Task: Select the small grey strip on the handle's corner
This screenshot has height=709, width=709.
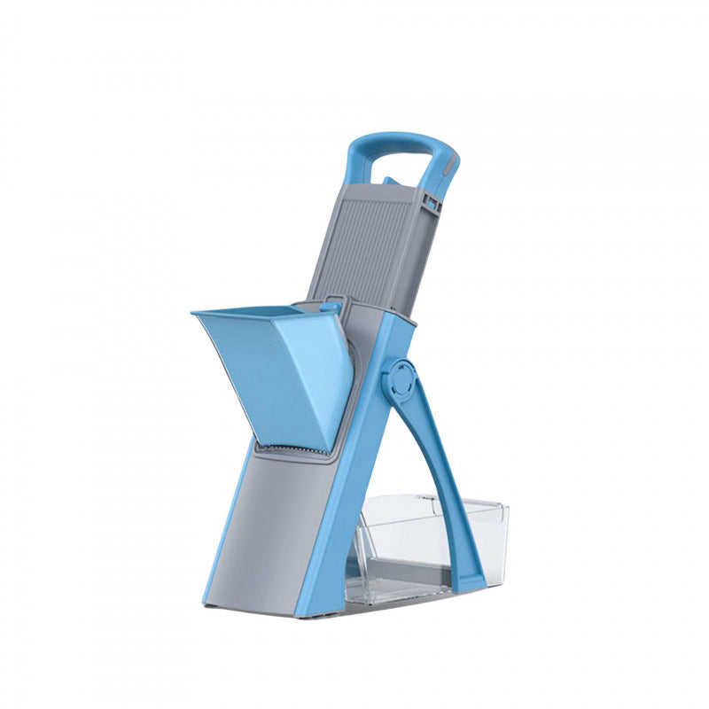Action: click(x=451, y=163)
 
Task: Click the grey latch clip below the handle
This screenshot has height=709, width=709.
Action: click(x=432, y=203)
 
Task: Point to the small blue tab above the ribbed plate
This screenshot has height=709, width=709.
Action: click(x=389, y=181)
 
